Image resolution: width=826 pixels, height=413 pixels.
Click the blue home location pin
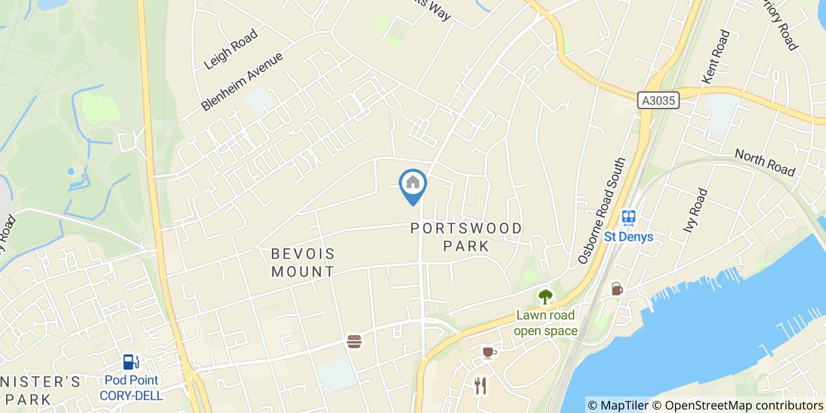click(x=413, y=184)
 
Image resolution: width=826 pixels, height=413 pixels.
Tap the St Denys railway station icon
click(x=629, y=217)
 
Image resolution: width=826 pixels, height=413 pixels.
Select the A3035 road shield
click(x=658, y=101)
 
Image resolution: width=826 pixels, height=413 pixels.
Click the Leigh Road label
click(x=231, y=49)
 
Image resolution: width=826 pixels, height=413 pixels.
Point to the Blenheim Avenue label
click(x=242, y=81)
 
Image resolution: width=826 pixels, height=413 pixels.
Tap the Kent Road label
click(x=716, y=56)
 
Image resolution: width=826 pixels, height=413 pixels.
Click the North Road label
click(x=765, y=162)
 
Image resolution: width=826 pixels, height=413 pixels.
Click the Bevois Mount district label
click(x=303, y=263)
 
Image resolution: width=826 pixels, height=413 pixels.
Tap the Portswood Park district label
click(x=466, y=237)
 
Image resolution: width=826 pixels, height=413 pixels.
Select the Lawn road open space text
click(x=545, y=323)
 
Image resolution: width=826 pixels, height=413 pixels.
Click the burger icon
click(x=354, y=341)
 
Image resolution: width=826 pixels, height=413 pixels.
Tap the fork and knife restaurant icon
click(x=480, y=386)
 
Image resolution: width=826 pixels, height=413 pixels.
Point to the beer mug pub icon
click(x=617, y=289)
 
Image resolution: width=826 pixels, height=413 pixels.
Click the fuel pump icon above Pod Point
click(x=131, y=362)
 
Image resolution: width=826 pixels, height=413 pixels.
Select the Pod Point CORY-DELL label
click(x=131, y=388)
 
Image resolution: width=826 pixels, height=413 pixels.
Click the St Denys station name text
click(x=629, y=237)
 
